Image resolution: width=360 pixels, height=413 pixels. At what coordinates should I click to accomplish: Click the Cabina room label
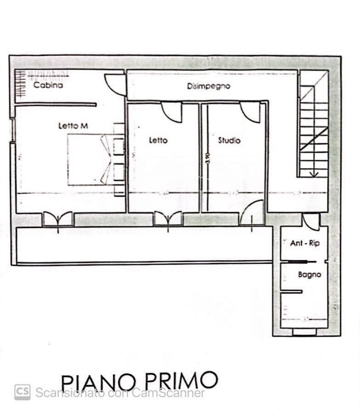[x=48, y=85]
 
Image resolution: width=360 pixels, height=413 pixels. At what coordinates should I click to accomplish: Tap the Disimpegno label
[x=208, y=86]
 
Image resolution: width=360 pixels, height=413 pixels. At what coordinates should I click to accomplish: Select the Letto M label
[x=73, y=125]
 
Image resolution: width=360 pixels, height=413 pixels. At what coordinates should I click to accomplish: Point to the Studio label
[x=229, y=140]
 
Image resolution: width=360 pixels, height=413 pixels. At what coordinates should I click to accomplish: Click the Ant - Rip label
[x=304, y=243]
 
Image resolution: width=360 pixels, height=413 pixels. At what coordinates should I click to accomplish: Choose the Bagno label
[x=309, y=275]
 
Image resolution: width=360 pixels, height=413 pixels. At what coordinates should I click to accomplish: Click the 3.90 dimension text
[x=208, y=159]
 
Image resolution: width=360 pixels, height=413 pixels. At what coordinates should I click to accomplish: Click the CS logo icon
[x=22, y=392]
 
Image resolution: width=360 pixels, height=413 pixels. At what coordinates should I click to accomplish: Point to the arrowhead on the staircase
[x=314, y=174]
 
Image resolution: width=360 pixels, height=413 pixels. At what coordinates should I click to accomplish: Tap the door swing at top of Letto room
[x=172, y=112]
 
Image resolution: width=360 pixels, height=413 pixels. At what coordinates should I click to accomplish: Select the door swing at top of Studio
[x=251, y=112]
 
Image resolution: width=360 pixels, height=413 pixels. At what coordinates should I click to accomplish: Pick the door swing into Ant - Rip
[x=312, y=222]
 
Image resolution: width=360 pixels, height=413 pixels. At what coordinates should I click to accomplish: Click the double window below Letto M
[x=58, y=219]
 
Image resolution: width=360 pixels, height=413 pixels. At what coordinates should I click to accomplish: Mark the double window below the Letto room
[x=168, y=219]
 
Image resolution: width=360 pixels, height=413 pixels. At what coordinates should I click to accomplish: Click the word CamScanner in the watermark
[x=168, y=393]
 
